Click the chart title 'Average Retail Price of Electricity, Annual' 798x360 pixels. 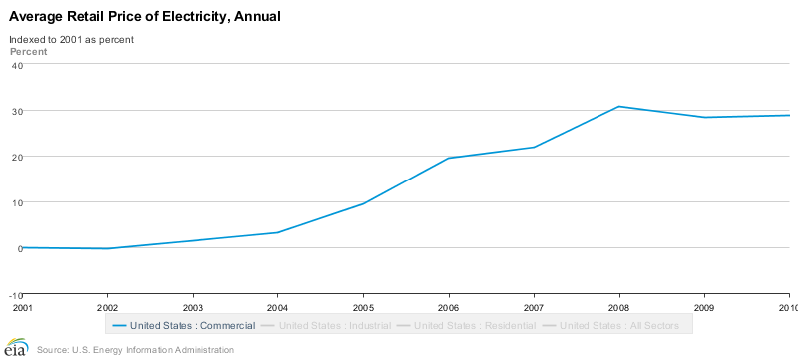click(145, 17)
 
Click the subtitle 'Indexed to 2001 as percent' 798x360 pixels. click(71, 39)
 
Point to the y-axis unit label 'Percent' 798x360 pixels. click(28, 50)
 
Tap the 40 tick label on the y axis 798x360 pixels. click(16, 65)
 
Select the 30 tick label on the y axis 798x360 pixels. click(16, 111)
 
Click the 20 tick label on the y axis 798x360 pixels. click(16, 157)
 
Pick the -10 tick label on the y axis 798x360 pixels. click(15, 294)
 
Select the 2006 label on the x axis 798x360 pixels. click(449, 308)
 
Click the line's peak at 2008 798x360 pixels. click(619, 106)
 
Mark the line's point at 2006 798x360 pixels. click(449, 158)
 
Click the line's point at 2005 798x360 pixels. click(363, 203)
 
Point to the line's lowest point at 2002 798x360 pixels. click(107, 248)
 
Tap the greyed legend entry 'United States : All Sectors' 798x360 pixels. click(619, 325)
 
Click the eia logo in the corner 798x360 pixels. click(15, 349)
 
